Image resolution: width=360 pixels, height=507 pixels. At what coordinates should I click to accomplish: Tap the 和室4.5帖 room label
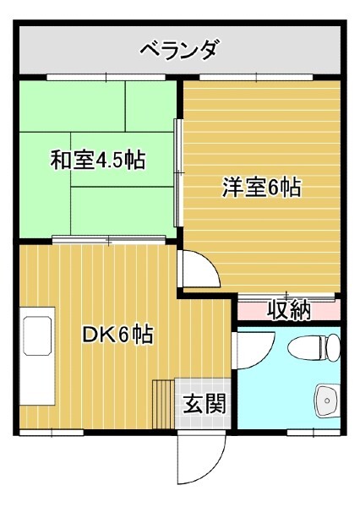98,160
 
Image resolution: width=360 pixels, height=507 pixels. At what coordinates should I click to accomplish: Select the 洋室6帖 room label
262,187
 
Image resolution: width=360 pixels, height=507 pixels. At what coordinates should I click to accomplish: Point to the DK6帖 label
117,334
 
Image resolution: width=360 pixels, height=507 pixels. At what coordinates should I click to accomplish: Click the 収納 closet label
289,310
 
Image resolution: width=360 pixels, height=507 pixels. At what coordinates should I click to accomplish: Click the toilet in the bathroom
314,348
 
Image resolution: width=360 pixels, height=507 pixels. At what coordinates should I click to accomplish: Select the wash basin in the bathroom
327,401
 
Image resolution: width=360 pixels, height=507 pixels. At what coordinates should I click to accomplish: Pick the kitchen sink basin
37,335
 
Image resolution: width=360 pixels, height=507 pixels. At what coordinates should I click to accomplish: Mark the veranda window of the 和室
106,77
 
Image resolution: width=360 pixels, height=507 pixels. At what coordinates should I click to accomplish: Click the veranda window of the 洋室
256,77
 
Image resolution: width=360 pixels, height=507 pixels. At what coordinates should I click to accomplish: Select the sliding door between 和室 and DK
109,240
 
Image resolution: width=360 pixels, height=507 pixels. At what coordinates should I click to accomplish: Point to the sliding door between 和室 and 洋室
177,172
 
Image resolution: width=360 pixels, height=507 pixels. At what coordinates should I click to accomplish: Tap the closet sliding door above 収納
286,296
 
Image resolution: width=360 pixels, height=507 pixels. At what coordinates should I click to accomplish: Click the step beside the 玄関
164,404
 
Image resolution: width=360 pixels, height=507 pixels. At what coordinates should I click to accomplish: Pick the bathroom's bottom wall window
314,433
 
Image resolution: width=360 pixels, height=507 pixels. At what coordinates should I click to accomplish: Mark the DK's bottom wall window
52,433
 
